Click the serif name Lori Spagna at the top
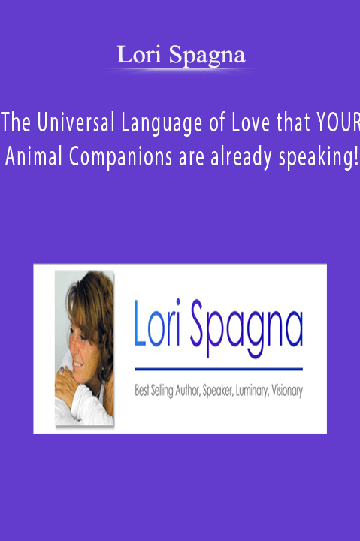tap(181, 55)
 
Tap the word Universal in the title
tap(76, 122)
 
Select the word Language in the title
tap(162, 124)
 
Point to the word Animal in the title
tap(34, 157)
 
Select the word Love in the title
tap(250, 122)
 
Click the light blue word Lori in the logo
tap(157, 322)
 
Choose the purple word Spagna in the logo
tap(247, 328)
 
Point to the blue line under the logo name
tap(219, 369)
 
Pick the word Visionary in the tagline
tap(287, 391)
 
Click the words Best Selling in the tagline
tap(154, 391)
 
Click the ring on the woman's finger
tap(62, 370)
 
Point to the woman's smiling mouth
tap(77, 364)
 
